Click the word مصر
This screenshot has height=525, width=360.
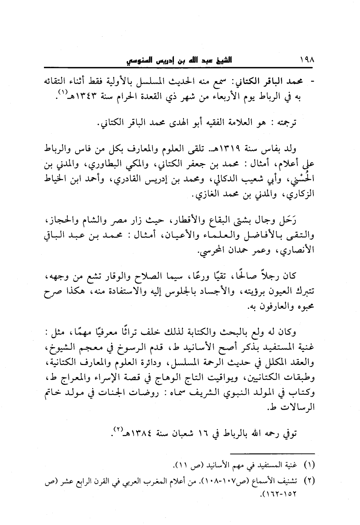[105, 220]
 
